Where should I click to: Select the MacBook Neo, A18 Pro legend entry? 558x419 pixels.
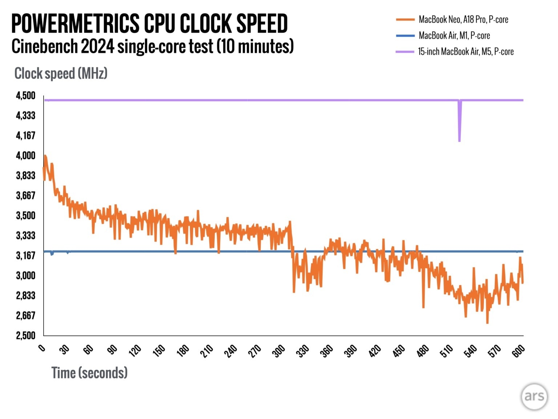[463, 20]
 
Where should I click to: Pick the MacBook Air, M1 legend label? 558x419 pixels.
[454, 36]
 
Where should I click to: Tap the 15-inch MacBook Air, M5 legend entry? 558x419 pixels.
[466, 52]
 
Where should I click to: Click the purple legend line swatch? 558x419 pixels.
[405, 52]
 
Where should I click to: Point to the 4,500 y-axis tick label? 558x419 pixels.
[25, 96]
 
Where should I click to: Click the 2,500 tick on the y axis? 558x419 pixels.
[25, 335]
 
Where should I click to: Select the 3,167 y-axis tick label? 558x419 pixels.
[25, 255]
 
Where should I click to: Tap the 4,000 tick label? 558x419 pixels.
[25, 156]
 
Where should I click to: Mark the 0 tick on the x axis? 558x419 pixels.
[42, 348]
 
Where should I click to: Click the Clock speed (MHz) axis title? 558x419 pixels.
[61, 73]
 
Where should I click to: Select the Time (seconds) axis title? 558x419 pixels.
[89, 373]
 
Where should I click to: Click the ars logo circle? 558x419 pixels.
[534, 396]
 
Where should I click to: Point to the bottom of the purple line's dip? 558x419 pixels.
[460, 140]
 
